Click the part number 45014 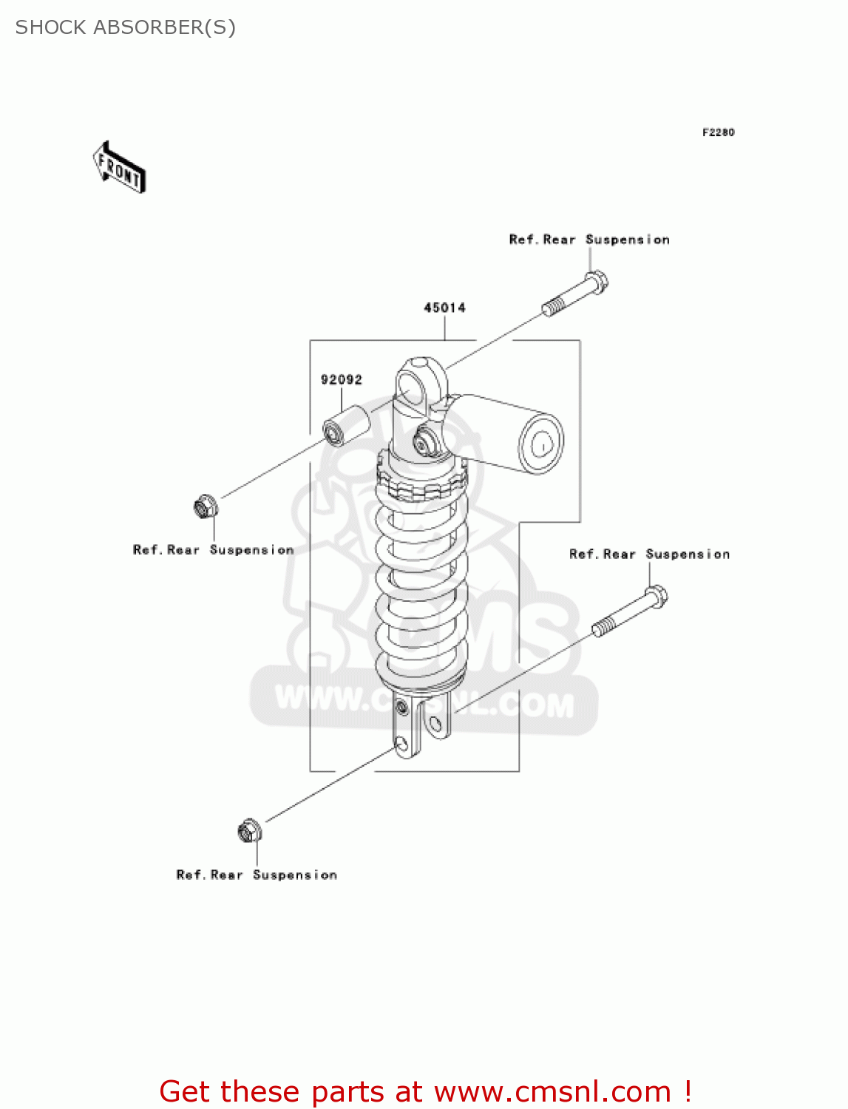coord(444,308)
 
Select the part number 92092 coord(341,380)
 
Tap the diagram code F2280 coord(718,132)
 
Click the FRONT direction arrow coord(119,168)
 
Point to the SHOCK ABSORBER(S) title coord(126,27)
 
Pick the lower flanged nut coord(249,831)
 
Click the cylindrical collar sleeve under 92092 coord(346,426)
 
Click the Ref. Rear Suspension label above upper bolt coord(589,240)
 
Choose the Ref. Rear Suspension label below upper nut coord(213,550)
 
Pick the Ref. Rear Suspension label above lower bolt coord(649,554)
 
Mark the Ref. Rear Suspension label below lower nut coord(257,875)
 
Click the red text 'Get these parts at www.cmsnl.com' coord(425,1091)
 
